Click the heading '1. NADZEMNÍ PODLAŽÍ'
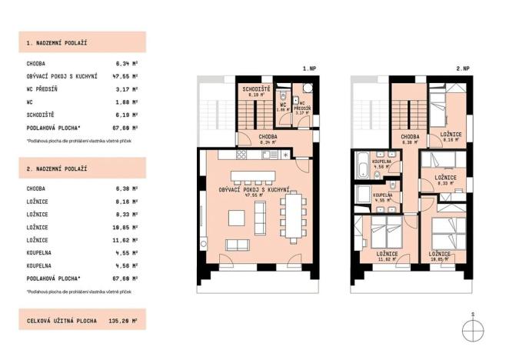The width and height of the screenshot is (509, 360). tap(57, 42)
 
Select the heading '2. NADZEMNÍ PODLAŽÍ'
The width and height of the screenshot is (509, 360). tap(57, 168)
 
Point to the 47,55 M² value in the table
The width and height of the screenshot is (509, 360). tap(125, 77)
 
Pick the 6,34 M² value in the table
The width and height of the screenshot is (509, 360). tap(126, 65)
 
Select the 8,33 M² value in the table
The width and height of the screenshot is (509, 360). tap(126, 215)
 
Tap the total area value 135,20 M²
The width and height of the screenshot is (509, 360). tap(123, 319)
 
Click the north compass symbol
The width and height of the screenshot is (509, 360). tap(473, 329)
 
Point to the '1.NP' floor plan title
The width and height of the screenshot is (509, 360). tap(309, 69)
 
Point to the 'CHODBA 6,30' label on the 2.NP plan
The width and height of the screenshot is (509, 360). tap(410, 139)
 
